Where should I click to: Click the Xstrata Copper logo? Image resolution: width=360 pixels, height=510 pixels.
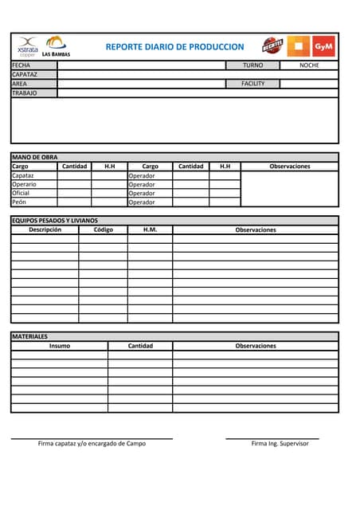tap(28, 45)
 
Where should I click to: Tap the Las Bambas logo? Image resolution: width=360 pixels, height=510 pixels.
tap(56, 46)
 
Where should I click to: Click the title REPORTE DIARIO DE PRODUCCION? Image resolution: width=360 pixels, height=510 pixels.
tap(174, 47)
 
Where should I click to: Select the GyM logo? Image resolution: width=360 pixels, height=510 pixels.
tap(323, 46)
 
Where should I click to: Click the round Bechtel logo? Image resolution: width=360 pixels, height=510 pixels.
tap(272, 46)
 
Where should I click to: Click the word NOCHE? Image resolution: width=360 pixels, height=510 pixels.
tap(309, 65)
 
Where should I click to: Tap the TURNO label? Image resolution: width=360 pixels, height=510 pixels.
tap(252, 65)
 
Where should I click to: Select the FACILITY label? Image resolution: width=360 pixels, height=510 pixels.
tap(252, 84)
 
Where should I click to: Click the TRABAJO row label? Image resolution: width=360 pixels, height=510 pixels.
tap(25, 93)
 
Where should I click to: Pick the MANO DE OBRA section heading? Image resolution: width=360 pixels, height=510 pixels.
tap(34, 158)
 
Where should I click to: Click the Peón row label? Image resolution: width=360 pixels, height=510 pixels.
tap(20, 202)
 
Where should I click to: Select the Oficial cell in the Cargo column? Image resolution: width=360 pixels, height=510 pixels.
tap(21, 193)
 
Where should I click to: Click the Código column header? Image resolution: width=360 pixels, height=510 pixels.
tap(104, 229)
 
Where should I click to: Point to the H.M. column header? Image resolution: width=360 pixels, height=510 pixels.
tap(150, 229)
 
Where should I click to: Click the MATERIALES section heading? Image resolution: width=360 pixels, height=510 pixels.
tap(29, 337)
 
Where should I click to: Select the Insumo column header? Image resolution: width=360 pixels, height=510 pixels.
tap(59, 346)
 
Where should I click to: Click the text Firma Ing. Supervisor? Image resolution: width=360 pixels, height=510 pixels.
tap(280, 444)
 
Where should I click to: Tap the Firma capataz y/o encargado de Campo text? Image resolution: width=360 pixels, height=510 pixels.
tap(92, 444)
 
